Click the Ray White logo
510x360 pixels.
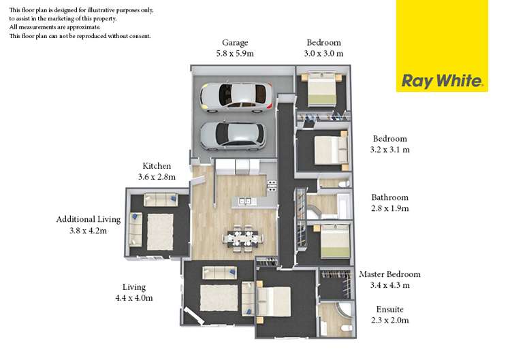click(x=443, y=82)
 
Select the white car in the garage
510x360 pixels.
click(x=236, y=97)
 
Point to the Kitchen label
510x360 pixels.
click(x=157, y=165)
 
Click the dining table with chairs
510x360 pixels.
click(x=243, y=238)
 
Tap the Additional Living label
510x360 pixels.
click(x=89, y=219)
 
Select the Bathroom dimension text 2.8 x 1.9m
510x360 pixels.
click(x=389, y=208)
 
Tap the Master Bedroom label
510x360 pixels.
click(x=389, y=274)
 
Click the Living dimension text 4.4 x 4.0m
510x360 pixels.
click(x=133, y=297)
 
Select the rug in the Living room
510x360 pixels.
click(x=219, y=297)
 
